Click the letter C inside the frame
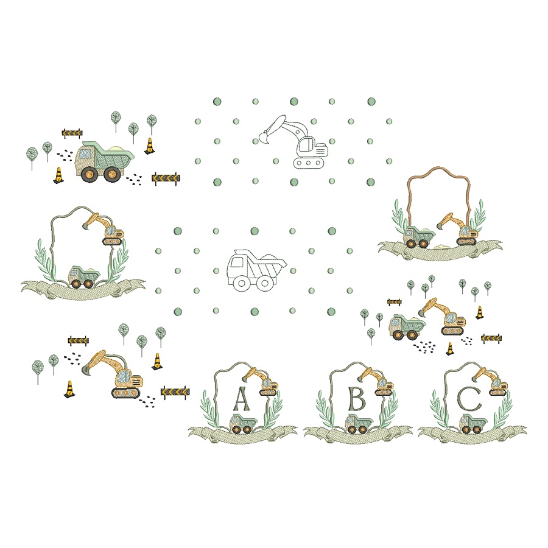point(469,399)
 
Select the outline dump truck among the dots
point(256,269)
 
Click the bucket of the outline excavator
point(263,139)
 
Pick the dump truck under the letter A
point(242,424)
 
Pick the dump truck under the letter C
point(472,423)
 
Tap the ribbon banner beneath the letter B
point(358,436)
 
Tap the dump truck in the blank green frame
point(83,277)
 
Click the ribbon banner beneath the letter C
point(472,436)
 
